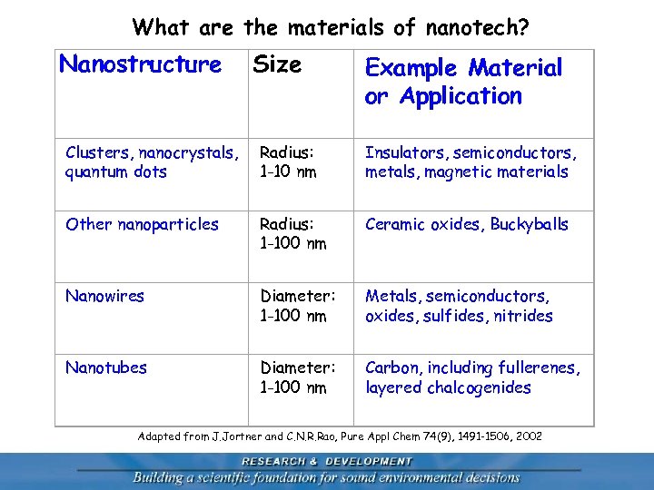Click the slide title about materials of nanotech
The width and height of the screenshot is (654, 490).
click(x=331, y=27)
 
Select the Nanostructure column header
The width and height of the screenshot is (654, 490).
click(x=140, y=64)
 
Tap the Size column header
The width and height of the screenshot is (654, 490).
click(x=277, y=64)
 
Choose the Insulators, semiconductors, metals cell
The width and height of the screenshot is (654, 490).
click(x=471, y=162)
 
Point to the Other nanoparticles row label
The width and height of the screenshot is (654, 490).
click(x=142, y=224)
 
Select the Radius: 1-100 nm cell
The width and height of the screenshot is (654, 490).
click(x=292, y=233)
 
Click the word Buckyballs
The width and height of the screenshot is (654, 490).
click(x=530, y=224)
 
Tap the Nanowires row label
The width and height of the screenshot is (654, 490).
click(x=104, y=296)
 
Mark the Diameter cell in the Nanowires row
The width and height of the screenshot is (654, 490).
click(x=297, y=306)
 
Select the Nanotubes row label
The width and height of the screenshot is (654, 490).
click(x=106, y=367)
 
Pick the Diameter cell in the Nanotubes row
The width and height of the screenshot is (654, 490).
click(x=297, y=377)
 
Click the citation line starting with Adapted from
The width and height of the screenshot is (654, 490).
click(x=340, y=436)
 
